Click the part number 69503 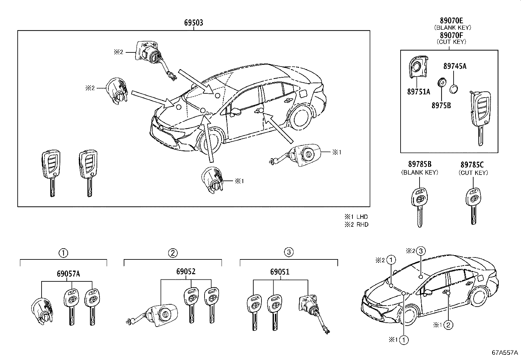pos(193,23)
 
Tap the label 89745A pos(455,66)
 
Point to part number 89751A pos(419,92)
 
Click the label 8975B pos(441,105)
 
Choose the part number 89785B pos(420,164)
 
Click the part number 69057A pos(68,274)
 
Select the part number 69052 pos(186,272)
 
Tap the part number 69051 pos(280,272)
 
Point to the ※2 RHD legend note pos(356,224)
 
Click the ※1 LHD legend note pos(356,217)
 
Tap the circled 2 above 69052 pos(173,253)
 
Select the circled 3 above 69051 pos(288,252)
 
